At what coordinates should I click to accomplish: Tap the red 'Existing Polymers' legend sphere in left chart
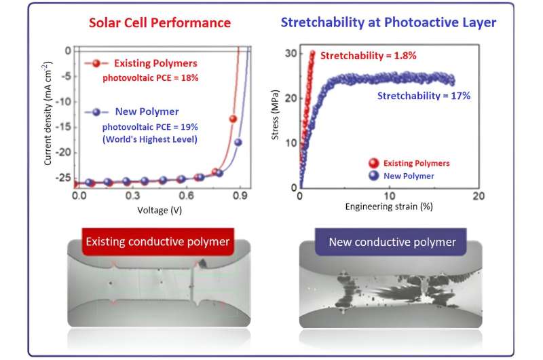click(x=96, y=64)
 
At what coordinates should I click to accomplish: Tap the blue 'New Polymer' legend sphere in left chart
click(x=96, y=111)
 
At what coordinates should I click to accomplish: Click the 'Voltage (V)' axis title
click(x=158, y=210)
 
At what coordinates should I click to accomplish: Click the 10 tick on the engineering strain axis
click(x=389, y=196)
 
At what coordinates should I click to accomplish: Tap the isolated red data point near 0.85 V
click(x=233, y=120)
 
